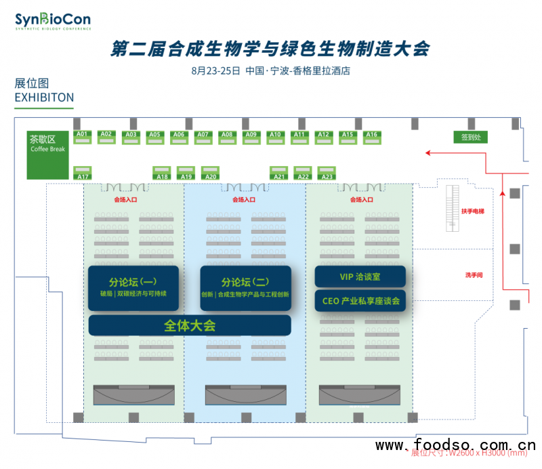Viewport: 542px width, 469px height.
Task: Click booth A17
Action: [83, 173]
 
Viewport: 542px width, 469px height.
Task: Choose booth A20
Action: [210, 173]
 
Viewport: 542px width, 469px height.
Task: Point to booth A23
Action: [327, 173]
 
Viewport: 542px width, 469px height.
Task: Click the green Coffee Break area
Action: [47, 155]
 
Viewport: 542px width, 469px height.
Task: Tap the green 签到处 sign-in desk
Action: [470, 137]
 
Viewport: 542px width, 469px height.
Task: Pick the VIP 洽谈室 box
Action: [360, 277]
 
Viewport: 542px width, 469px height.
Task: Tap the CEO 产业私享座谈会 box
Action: [360, 301]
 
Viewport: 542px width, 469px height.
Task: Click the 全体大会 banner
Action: [190, 325]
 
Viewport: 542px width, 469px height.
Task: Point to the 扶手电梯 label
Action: [473, 211]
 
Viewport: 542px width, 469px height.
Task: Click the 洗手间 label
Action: [473, 275]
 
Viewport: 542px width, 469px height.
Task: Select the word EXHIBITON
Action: [44, 98]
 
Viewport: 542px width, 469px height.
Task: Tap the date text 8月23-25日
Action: [216, 70]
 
